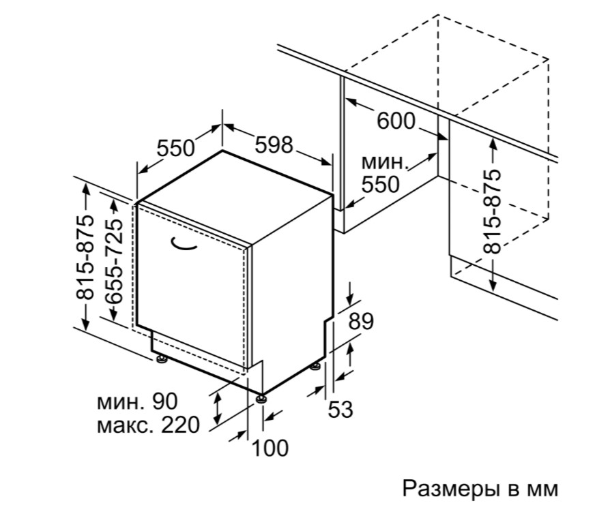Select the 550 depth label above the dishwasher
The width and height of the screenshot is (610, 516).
(176, 148)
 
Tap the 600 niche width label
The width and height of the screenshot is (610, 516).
(396, 121)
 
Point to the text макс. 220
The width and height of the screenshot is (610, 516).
(148, 425)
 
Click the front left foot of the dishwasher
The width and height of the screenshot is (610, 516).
(161, 359)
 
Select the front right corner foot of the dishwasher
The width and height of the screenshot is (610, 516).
(262, 398)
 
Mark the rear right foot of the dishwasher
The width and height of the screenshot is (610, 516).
(315, 367)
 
